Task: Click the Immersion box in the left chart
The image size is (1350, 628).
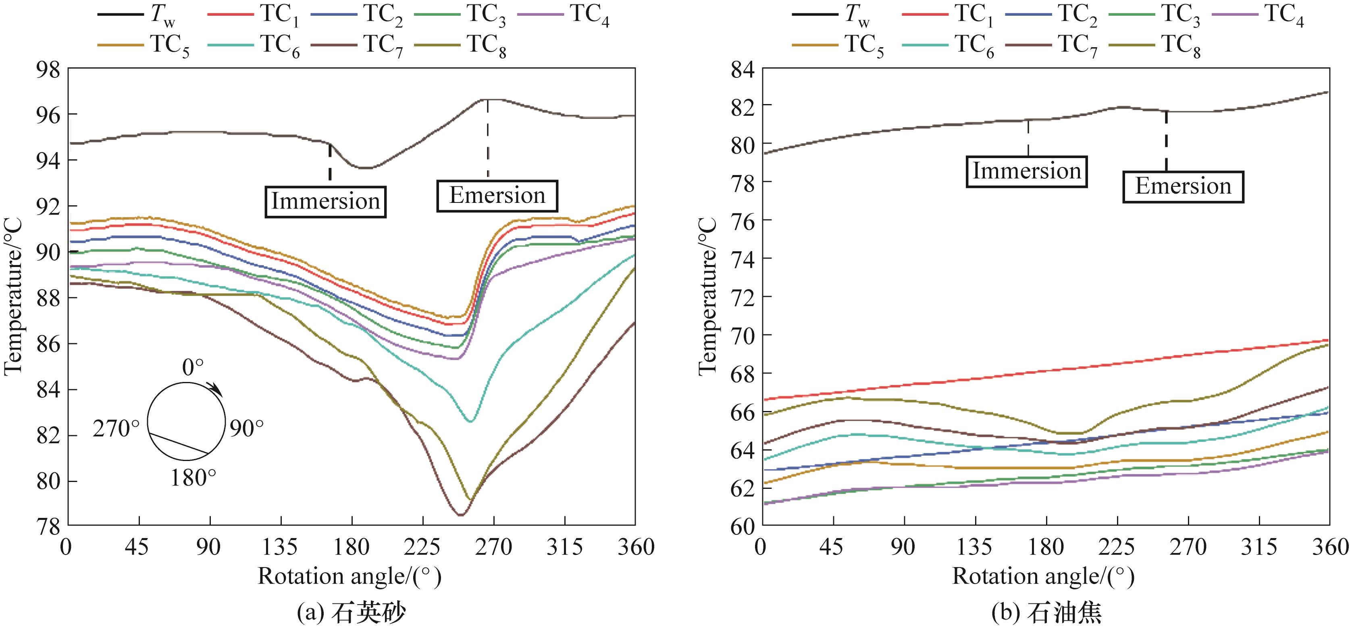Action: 325,201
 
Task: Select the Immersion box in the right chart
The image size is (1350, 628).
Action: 1027,171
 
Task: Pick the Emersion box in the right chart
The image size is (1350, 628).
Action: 1183,187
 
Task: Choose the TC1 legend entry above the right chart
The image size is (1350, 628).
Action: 948,15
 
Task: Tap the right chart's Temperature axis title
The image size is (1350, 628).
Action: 707,296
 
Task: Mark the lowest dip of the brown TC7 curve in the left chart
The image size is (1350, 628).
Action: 460,515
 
